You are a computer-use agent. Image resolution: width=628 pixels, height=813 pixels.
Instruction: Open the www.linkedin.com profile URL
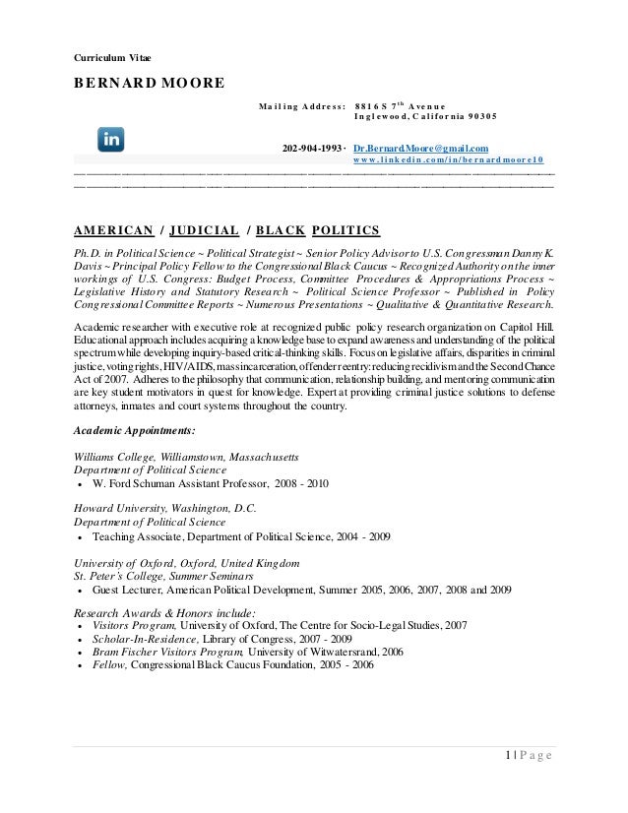click(x=450, y=162)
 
